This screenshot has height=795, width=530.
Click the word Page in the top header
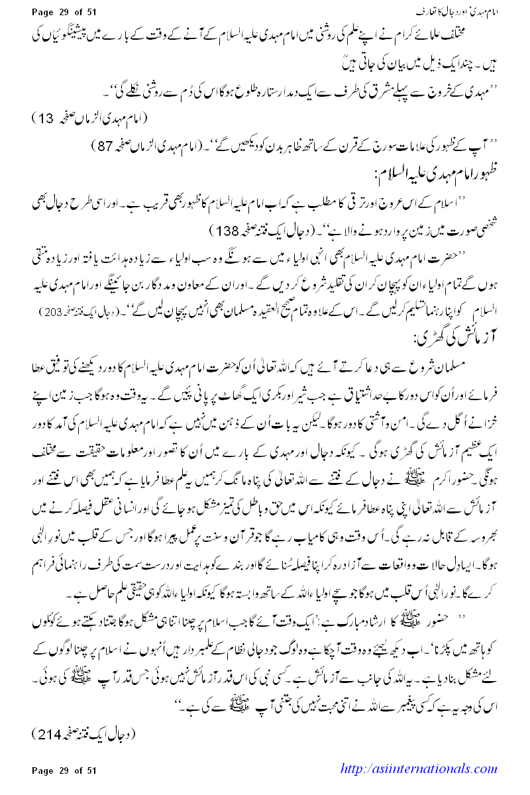[45, 13]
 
